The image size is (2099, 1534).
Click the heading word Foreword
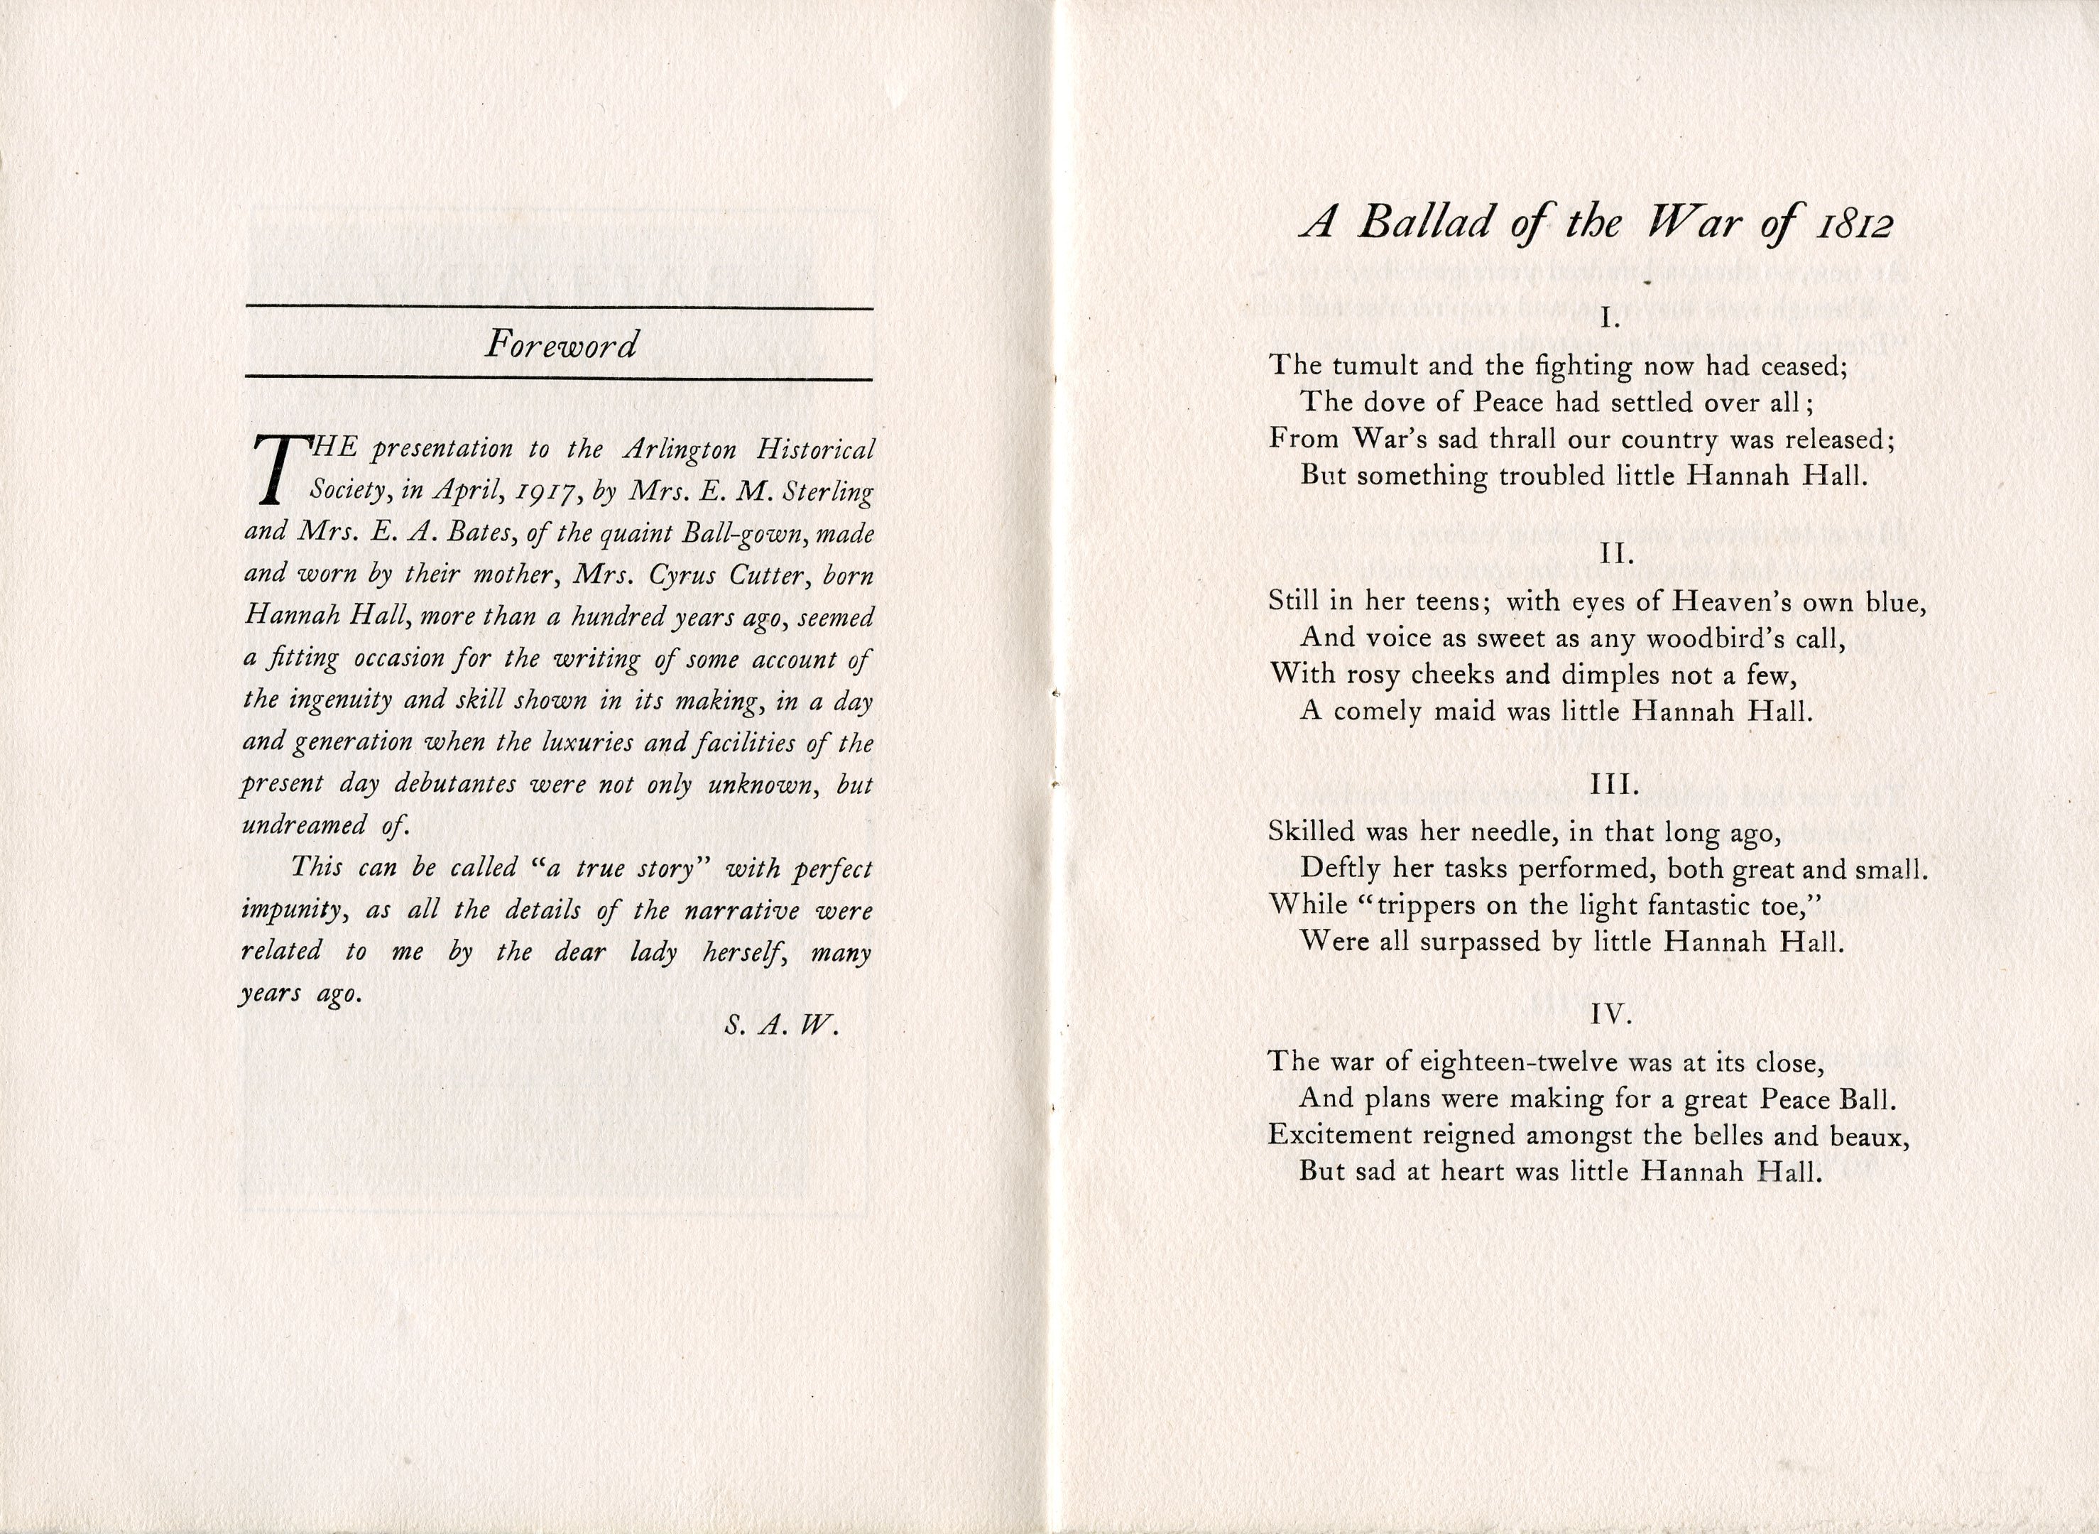click(x=561, y=345)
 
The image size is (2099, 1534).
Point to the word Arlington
click(x=680, y=450)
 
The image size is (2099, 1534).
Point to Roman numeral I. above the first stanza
click(x=1610, y=320)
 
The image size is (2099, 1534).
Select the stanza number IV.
click(x=1610, y=1016)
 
